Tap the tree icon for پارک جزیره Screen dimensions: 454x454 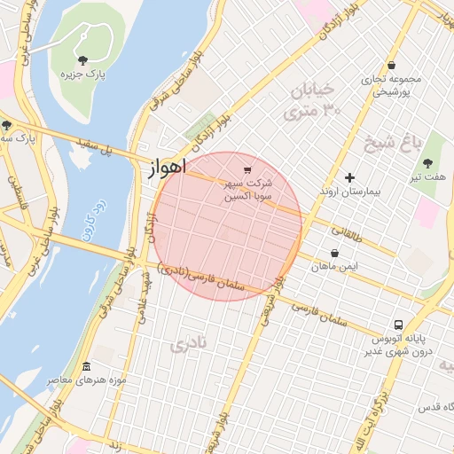pyautogui.click(x=82, y=60)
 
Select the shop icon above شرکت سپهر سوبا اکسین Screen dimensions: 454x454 pyautogui.click(x=247, y=170)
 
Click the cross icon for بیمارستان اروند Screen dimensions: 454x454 pyautogui.click(x=349, y=178)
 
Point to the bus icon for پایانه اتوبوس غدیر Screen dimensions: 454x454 pyautogui.click(x=398, y=325)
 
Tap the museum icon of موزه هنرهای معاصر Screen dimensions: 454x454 pyautogui.click(x=86, y=366)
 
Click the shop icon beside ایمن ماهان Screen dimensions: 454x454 pyautogui.click(x=315, y=265)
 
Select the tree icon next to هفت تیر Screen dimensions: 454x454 pyautogui.click(x=428, y=163)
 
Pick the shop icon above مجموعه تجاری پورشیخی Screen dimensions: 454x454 pyautogui.click(x=391, y=65)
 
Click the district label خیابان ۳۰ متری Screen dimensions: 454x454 pyautogui.click(x=311, y=99)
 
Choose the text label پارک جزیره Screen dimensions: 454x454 pyautogui.click(x=82, y=75)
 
